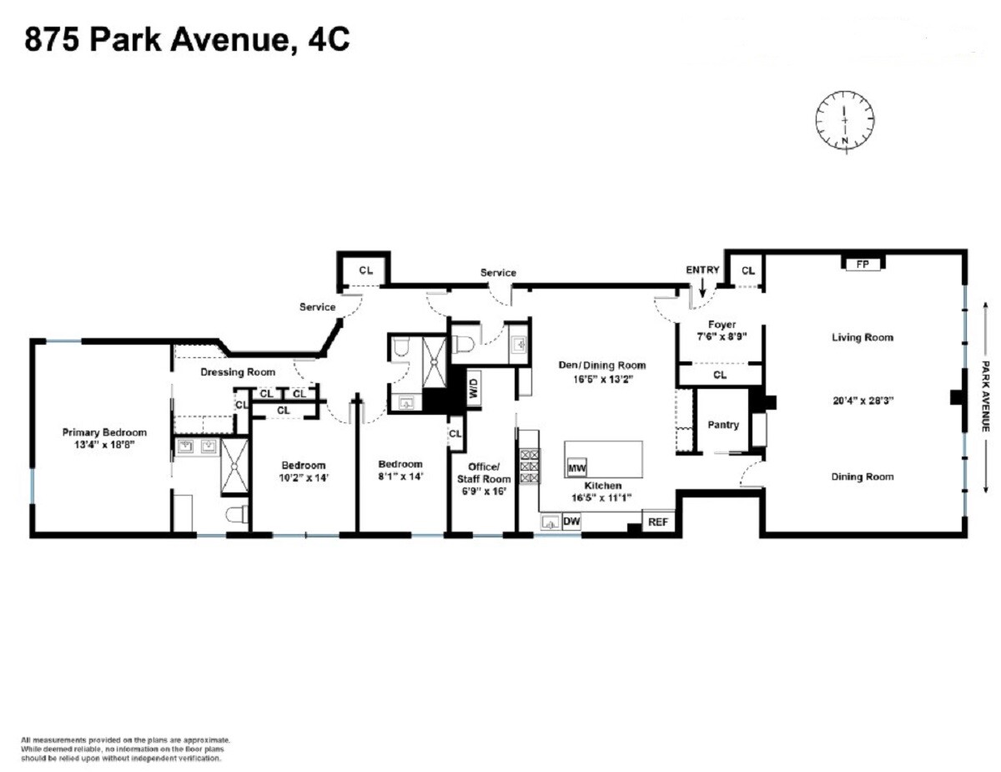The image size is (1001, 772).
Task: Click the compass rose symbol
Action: point(845,121)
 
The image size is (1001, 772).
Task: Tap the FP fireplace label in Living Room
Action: point(863,264)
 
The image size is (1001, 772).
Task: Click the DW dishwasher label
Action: point(571,522)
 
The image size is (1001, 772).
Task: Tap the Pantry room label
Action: point(722,425)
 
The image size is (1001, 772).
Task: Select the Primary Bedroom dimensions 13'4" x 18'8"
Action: point(104,445)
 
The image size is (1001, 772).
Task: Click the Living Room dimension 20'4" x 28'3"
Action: point(862,400)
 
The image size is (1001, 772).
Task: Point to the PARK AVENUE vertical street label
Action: point(984,397)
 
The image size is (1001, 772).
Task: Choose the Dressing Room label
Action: point(238,372)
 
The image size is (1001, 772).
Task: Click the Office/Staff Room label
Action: point(482,472)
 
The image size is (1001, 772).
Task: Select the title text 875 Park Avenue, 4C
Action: point(187,39)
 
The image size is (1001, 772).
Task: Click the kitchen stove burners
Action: point(529,467)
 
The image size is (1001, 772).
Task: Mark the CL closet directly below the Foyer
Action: point(719,376)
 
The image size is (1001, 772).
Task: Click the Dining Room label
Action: point(862,477)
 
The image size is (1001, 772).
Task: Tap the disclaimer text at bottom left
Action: point(125,749)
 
